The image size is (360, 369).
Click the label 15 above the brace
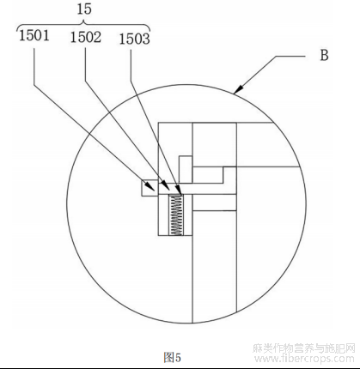84,9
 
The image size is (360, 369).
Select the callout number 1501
34,35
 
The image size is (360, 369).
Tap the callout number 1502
86,37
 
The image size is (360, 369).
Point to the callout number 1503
134,39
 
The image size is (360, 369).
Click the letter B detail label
324,55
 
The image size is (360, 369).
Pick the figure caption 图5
173,357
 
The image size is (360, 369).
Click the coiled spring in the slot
175,215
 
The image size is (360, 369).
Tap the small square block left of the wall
149,188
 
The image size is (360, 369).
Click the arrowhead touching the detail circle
239,89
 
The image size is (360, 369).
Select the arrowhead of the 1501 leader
151,187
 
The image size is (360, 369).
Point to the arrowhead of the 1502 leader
164,185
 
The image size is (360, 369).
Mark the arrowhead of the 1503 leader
179,191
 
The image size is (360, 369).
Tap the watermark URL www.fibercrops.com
304,359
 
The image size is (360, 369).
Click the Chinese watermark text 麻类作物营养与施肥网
304,348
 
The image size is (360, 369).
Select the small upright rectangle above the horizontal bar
186,169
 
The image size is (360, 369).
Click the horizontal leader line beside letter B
290,56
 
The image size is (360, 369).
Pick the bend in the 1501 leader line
34,84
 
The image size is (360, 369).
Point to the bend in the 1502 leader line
85,81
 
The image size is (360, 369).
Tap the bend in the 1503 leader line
131,82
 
